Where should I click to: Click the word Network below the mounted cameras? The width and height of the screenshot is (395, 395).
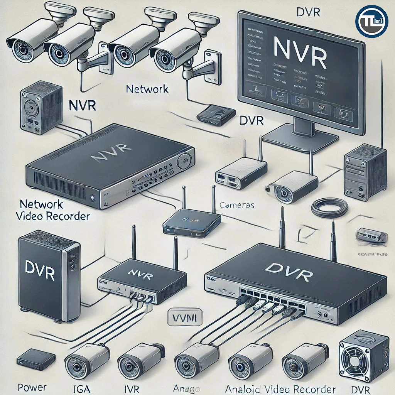point(147,89)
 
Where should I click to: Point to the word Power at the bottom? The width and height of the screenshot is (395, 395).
point(32,387)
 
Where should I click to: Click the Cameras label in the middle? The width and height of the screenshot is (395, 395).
point(236,205)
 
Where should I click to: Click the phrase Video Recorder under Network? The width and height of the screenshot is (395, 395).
point(53,216)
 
